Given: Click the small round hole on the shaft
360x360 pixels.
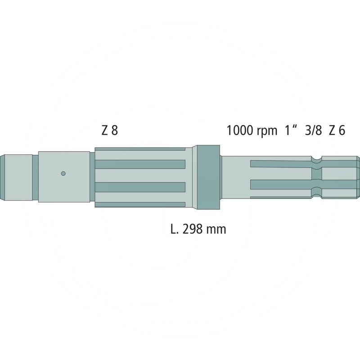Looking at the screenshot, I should click(63, 173).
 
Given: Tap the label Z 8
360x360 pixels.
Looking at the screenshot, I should click(110, 131).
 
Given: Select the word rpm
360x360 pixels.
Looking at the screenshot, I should click(267, 132).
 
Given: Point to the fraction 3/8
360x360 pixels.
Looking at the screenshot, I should click(313, 131).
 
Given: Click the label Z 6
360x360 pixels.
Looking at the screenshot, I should click(337, 131).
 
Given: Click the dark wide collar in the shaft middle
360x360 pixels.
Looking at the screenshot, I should click(206, 176).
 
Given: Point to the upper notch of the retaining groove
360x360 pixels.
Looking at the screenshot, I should click(318, 159).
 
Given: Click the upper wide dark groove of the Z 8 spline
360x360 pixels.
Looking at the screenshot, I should click(140, 164).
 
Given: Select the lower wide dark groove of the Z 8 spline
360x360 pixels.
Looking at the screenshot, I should click(140, 186).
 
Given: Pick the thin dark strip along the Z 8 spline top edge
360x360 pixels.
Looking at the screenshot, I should click(140, 148).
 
